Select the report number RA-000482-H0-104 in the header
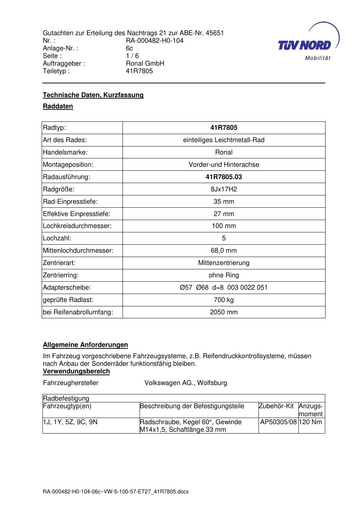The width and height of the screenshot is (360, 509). click(x=154, y=41)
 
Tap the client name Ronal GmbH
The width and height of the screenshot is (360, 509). click(x=145, y=63)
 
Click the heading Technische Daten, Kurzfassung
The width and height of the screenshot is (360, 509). click(x=93, y=95)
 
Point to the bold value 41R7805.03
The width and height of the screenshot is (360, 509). click(x=224, y=177)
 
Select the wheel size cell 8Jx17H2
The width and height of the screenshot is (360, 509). click(x=224, y=189)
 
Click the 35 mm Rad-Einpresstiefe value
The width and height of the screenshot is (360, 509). click(x=224, y=202)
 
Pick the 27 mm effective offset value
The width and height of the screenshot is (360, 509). click(x=224, y=214)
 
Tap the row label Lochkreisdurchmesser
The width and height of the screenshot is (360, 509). click(x=77, y=226)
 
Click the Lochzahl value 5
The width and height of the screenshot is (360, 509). click(x=224, y=238)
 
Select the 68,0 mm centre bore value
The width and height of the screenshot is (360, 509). click(x=224, y=251)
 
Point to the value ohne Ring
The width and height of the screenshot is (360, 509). click(x=224, y=275)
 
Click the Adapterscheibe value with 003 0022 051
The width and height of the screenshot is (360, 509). click(x=224, y=287)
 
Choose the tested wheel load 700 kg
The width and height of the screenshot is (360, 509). click(x=224, y=300)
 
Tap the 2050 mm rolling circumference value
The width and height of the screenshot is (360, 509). click(x=224, y=312)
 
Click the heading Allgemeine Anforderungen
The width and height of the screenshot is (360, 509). click(x=86, y=345)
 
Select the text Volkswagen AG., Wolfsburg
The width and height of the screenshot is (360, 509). click(x=186, y=383)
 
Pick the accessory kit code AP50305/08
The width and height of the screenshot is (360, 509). click(x=278, y=422)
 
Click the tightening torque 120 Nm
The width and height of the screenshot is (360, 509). click(x=311, y=422)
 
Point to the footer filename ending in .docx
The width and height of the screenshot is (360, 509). click(x=116, y=492)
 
